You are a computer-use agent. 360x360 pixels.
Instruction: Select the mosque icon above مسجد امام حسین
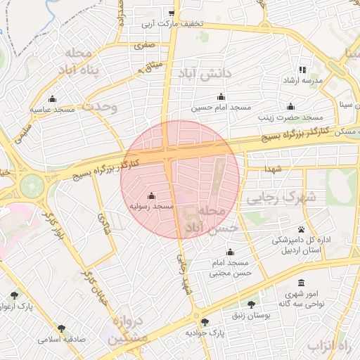coord(221,97)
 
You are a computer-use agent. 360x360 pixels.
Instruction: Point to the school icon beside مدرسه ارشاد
coord(303,70)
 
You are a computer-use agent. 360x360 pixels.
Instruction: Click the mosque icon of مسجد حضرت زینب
coord(290,107)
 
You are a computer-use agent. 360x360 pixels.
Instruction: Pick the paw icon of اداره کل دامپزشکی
coord(302,229)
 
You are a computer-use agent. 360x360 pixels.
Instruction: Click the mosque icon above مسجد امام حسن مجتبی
coord(230,252)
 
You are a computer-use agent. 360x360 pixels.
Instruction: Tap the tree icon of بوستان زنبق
coord(251,304)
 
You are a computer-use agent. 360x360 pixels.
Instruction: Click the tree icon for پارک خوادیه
coord(205,322)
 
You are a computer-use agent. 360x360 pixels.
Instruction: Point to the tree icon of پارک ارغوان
coord(15,296)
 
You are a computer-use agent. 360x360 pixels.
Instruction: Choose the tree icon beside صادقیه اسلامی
coord(61,328)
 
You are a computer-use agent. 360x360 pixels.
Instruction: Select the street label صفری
coord(146,45)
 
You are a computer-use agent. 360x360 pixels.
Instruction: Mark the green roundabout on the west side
coord(32,186)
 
